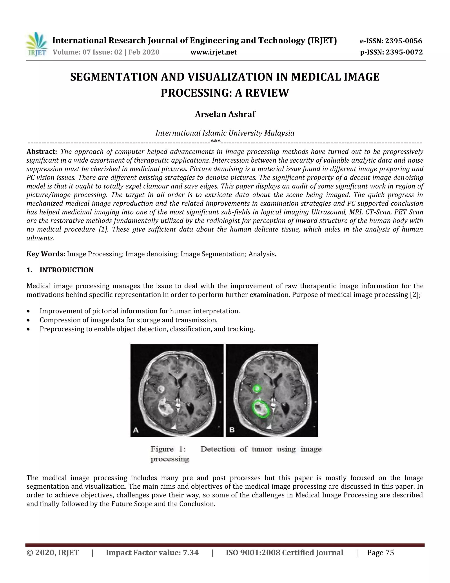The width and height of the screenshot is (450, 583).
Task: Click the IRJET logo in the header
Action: (x=37, y=44)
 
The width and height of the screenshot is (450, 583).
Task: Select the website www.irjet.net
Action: (x=214, y=52)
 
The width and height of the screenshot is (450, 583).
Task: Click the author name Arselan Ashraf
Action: (x=225, y=114)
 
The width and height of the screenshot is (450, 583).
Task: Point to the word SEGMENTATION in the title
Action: (x=114, y=77)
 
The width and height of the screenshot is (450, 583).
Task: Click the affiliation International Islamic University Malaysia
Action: (x=225, y=133)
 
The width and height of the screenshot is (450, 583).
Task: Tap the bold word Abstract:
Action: (x=42, y=152)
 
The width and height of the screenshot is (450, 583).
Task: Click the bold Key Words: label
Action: (x=45, y=254)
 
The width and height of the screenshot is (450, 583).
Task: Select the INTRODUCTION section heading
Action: (x=66, y=270)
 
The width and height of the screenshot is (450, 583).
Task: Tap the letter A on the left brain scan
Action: (x=136, y=430)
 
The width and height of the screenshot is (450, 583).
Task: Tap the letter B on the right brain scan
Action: (x=232, y=430)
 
